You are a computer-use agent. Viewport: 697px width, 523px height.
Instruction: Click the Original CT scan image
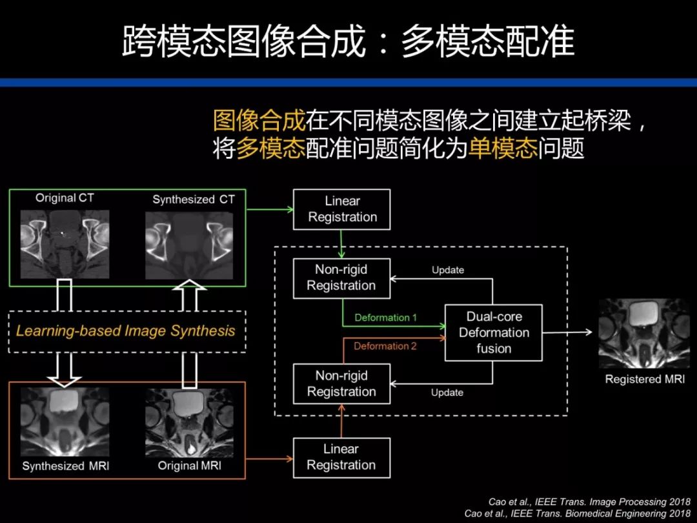click(65, 243)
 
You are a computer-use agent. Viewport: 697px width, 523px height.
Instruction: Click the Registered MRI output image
click(643, 333)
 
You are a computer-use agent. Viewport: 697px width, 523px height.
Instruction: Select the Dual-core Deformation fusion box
click(494, 333)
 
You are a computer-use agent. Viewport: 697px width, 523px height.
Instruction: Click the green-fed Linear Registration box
click(342, 209)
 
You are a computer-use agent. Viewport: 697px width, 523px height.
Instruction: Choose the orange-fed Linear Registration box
click(341, 457)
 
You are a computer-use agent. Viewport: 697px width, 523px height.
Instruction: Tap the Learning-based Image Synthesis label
click(126, 331)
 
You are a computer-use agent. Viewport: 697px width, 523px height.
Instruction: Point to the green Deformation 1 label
click(386, 318)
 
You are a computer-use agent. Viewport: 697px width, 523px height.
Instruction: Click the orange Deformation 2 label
click(385, 346)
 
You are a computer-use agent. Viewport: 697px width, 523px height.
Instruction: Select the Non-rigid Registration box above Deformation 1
click(341, 278)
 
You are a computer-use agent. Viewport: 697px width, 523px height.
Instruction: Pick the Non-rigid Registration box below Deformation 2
click(341, 384)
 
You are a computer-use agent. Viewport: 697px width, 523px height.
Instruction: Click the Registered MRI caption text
click(644, 379)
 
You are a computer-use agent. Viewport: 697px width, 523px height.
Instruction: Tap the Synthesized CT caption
click(194, 200)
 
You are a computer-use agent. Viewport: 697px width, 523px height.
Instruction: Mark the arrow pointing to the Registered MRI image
click(567, 332)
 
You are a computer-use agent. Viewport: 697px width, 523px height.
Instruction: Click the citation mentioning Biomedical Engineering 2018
click(577, 513)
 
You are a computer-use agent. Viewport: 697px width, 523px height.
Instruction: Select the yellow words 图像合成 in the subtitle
click(259, 121)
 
